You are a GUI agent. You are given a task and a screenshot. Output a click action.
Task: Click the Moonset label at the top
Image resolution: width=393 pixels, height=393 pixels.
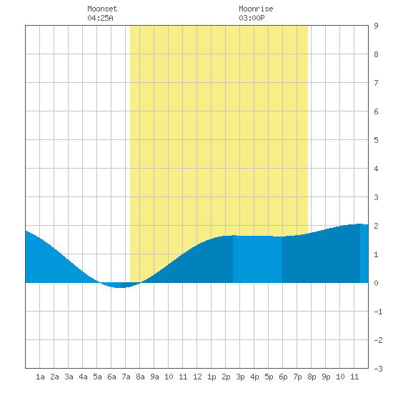click(102, 9)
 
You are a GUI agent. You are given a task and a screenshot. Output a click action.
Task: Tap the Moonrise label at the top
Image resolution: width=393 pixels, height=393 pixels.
click(256, 9)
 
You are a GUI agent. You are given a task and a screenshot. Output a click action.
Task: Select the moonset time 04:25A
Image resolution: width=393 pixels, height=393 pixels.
click(100, 18)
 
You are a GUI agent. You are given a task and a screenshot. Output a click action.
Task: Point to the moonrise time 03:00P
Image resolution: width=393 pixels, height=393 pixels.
click(252, 18)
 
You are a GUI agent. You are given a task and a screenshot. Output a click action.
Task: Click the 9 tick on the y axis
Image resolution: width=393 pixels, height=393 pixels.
click(376, 26)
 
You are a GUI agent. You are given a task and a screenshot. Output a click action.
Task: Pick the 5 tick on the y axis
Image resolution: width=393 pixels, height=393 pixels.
click(376, 140)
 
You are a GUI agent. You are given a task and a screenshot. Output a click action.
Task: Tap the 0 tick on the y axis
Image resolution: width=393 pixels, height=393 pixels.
click(376, 283)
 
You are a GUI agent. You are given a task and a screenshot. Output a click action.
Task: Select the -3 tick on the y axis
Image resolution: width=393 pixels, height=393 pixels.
click(378, 369)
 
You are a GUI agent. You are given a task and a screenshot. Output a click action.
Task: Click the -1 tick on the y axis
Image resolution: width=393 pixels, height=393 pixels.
click(378, 312)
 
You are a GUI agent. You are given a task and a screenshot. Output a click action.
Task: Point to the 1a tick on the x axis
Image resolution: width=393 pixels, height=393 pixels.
click(40, 377)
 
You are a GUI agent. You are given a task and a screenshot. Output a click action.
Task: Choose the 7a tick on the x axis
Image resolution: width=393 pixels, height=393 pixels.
click(126, 377)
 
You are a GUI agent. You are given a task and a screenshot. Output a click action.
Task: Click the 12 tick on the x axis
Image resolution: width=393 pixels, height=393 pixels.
click(197, 377)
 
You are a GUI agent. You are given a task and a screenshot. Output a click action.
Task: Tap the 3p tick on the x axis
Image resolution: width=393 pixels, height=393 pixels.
click(240, 377)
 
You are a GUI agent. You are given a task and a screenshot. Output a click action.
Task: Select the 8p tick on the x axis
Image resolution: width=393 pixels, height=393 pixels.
click(312, 377)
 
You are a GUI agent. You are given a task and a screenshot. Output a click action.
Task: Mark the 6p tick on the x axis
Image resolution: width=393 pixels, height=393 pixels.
click(283, 377)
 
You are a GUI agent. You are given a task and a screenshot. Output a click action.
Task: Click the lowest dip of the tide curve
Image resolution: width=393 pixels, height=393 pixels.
click(120, 287)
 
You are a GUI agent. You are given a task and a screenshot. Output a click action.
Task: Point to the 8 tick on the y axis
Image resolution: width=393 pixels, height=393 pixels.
click(376, 54)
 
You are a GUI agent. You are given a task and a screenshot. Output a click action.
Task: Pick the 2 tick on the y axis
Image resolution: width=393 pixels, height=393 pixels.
click(376, 226)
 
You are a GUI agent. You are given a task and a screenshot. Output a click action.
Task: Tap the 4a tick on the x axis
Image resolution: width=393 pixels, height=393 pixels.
click(83, 377)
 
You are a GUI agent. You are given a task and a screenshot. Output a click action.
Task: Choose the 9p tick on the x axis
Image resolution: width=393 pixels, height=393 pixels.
click(326, 377)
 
